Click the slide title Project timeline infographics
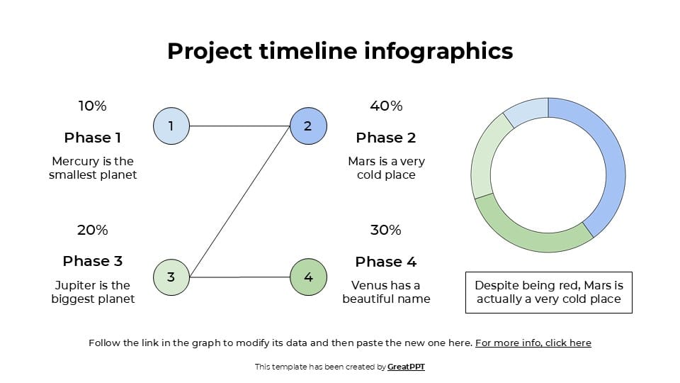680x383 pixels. coord(340,51)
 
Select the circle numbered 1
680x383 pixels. coord(171,126)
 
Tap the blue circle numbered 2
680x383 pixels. coord(308,126)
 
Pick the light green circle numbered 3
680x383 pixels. coord(171,277)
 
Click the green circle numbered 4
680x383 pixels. coord(308,277)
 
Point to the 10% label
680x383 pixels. coord(92,106)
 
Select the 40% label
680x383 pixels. coord(386,106)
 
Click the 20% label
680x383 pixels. coord(92,230)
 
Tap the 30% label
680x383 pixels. coord(386,230)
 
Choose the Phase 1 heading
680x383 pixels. coord(92,138)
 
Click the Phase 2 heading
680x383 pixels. coord(386,138)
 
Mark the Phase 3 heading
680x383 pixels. coord(92,261)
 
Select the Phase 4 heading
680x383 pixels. coord(386,262)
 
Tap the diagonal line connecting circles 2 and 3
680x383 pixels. coord(241,201)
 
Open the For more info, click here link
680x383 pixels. coord(533,343)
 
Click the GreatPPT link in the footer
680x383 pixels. coord(406,367)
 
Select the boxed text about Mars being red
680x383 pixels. coord(549,292)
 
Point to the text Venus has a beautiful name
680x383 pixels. coord(386,292)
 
